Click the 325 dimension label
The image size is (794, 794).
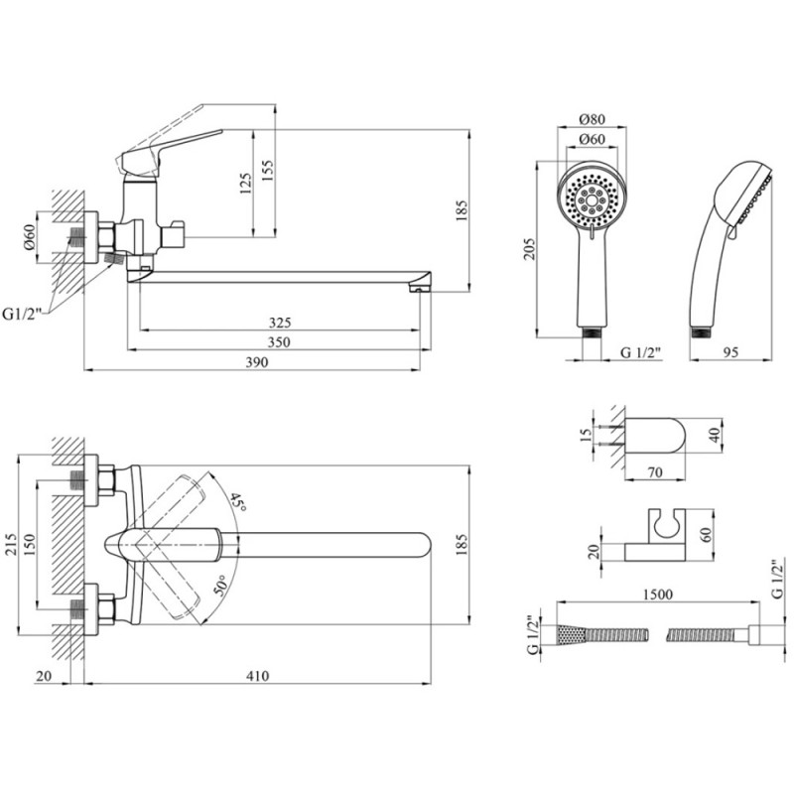[x=279, y=323]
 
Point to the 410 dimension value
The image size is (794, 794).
[x=257, y=677]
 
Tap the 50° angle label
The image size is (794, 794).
[x=220, y=584]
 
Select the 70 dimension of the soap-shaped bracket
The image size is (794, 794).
[x=654, y=473]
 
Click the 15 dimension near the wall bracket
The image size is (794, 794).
[x=587, y=432]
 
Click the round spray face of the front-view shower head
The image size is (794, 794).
[x=592, y=197]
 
